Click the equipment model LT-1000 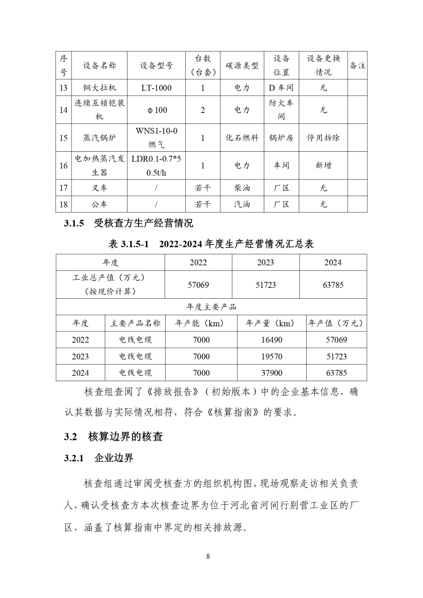156,88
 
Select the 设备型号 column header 156,65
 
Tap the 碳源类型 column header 242,65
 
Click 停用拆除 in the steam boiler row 323,138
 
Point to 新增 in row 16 323,165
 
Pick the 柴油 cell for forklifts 242,188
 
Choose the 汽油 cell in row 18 242,204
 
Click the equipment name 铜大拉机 99,88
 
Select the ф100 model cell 156,110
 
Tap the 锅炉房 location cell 281,138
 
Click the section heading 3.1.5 129,224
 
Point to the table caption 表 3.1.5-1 211,244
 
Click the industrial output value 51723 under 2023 266,285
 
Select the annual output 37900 272,373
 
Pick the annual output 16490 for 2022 272,340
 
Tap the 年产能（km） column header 201,323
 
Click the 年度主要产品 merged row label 211,307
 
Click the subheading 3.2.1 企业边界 99,458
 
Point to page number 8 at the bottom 208,556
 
